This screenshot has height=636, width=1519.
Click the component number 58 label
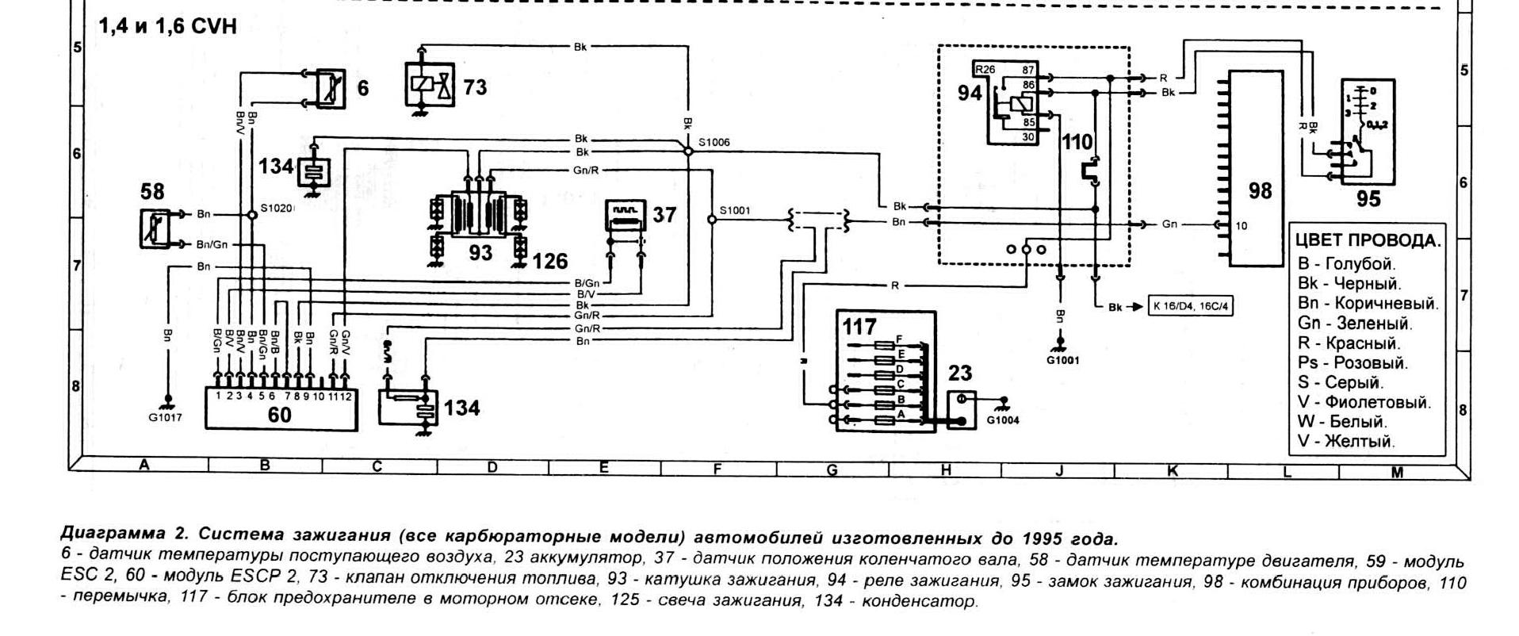152,191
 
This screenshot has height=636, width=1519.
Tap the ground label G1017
165,418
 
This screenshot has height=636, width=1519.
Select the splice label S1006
714,143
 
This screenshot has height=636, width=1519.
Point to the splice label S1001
734,211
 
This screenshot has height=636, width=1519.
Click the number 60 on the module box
279,415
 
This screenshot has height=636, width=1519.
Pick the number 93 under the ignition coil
480,253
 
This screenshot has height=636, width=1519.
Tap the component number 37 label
664,214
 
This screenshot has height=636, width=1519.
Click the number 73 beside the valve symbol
474,86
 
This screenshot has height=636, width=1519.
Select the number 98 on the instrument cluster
1260,191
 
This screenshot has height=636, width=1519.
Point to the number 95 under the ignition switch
1368,198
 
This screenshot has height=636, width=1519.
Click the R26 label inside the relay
985,70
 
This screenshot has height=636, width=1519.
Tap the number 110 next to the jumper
1077,143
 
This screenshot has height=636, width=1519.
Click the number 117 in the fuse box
859,326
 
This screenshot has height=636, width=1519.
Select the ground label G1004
1003,421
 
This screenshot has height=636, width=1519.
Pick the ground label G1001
1062,359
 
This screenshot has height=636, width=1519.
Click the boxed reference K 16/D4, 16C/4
1190,306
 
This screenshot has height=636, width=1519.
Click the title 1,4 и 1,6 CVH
167,27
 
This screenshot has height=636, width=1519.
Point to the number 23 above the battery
959,374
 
